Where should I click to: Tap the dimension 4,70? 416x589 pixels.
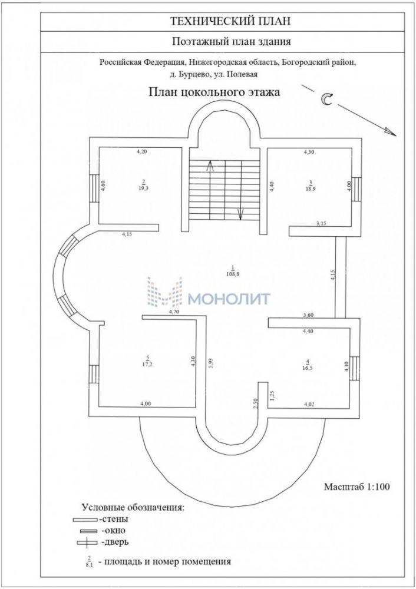[x=174, y=312]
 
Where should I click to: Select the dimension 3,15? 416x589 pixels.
[x=322, y=224]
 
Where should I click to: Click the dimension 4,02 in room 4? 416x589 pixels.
[x=309, y=404]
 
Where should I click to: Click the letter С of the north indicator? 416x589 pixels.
[x=326, y=100]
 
